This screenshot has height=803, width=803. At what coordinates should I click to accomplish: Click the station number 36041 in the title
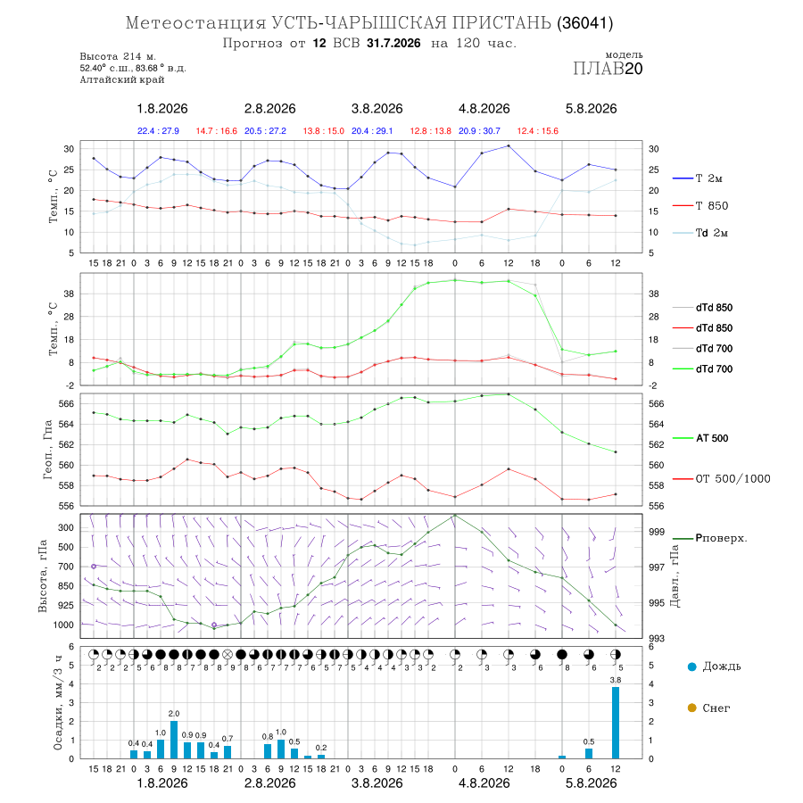584,23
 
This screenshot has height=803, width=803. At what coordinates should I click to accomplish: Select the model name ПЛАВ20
608,69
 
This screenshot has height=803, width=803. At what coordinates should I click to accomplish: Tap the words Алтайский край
122,79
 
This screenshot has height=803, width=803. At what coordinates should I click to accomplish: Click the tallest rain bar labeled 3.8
615,723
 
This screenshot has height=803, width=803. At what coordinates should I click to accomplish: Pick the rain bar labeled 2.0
174,740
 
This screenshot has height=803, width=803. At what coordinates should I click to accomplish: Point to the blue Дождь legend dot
691,666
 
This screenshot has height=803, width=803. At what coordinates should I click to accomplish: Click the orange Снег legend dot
691,708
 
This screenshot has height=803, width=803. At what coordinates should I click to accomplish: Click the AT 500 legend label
712,438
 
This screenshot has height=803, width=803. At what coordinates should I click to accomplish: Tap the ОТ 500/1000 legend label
733,479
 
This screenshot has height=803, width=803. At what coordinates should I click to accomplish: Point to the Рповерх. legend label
721,538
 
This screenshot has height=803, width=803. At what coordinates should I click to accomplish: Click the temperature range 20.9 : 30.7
479,131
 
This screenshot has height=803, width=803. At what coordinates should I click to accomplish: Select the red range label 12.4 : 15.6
538,131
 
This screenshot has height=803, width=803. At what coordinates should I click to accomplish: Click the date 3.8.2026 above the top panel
377,109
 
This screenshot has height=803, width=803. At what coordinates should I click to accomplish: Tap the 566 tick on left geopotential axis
67,403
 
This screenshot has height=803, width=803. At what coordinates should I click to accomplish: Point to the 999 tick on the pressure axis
657,532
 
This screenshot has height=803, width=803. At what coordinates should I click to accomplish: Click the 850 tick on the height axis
65,586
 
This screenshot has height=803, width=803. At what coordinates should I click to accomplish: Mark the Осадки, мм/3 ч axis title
58,703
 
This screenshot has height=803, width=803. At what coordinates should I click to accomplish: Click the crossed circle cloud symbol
228,655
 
